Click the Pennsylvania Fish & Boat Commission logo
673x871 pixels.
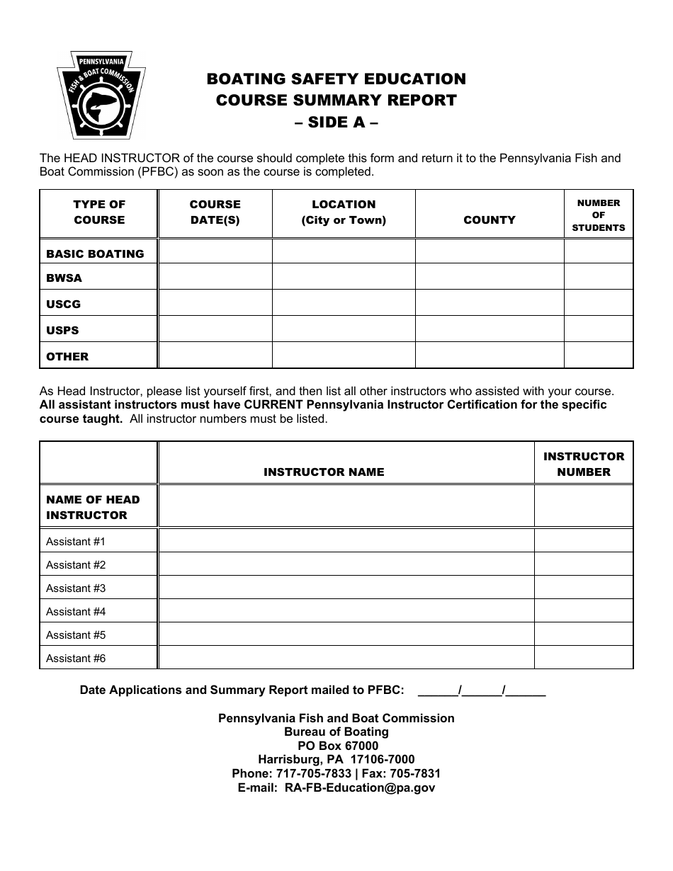coord(101,95)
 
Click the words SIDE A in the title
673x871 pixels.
coord(336,122)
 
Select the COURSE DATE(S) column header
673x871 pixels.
coord(215,212)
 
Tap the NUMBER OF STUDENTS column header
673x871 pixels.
coord(598,215)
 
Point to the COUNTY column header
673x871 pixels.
coord(489,220)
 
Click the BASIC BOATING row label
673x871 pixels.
coord(95,254)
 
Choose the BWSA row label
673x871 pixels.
coord(64,278)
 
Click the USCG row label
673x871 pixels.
coord(63,304)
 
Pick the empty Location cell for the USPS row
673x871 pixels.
coord(343,329)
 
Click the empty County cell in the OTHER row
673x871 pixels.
coord(489,355)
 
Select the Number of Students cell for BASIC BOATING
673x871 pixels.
coord(598,251)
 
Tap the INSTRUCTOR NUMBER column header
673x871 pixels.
coord(583,465)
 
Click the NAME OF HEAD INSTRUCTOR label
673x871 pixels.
coord(93,507)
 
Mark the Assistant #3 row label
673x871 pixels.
coord(76,588)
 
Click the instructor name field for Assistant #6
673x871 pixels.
coord(346,658)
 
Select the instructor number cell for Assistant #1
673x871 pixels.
coord(583,541)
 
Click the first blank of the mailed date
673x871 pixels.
coord(438,690)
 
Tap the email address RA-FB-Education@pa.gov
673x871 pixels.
coord(359,787)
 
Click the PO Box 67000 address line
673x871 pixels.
coord(337,746)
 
